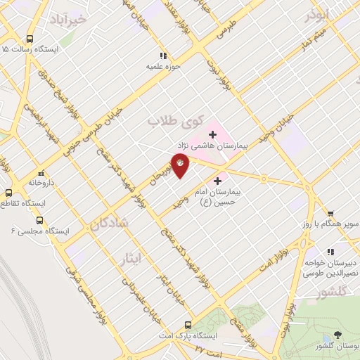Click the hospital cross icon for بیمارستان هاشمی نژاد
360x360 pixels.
tap(212, 134)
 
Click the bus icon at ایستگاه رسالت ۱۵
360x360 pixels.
tap(30, 39)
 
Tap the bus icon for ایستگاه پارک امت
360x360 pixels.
tap(187, 325)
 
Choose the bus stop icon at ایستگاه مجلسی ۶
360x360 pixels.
tap(39, 219)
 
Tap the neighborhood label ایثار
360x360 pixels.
tap(131, 259)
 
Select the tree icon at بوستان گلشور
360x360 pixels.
tap(339, 335)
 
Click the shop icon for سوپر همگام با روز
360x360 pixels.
tap(330, 213)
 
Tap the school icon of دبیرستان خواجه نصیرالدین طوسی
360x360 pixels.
tap(330, 252)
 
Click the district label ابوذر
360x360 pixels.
tap(317, 15)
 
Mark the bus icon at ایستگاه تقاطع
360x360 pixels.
tap(10, 193)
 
